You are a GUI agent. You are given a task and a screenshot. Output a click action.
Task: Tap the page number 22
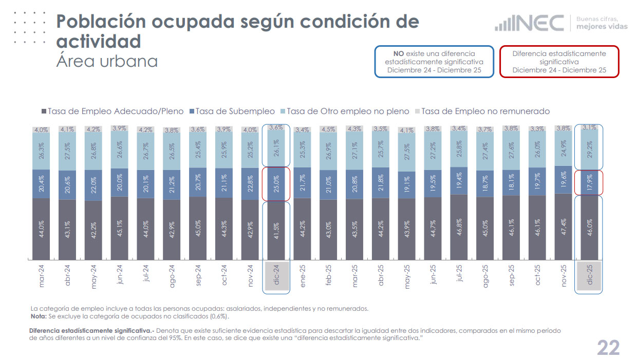pyautogui.click(x=608, y=348)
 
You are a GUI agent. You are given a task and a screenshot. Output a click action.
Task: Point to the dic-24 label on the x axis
pyautogui.click(x=276, y=276)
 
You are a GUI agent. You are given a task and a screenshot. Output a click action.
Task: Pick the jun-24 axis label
pyautogui.click(x=119, y=276)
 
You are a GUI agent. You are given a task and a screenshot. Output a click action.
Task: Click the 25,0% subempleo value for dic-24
pyautogui.click(x=276, y=183)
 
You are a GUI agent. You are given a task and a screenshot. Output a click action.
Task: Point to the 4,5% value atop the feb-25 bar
pyautogui.click(x=328, y=129)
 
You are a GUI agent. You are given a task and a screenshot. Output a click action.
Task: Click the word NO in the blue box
pyautogui.click(x=399, y=53)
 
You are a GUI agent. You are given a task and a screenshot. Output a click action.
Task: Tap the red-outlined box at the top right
pyautogui.click(x=559, y=62)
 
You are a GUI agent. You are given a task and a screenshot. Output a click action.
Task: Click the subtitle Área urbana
pyautogui.click(x=106, y=61)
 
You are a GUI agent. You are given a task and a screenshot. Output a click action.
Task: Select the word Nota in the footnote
pyautogui.click(x=39, y=316)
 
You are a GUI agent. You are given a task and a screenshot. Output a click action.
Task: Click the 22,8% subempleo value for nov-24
pyautogui.click(x=250, y=183)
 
